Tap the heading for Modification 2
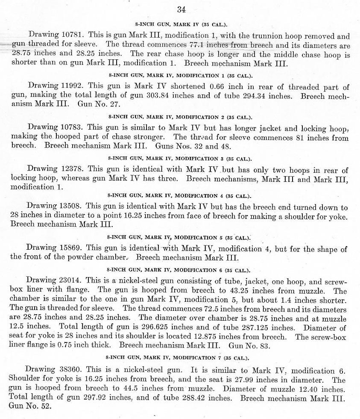pyautogui.click(x=180, y=116)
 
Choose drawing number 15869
pyautogui.click(x=67, y=248)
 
